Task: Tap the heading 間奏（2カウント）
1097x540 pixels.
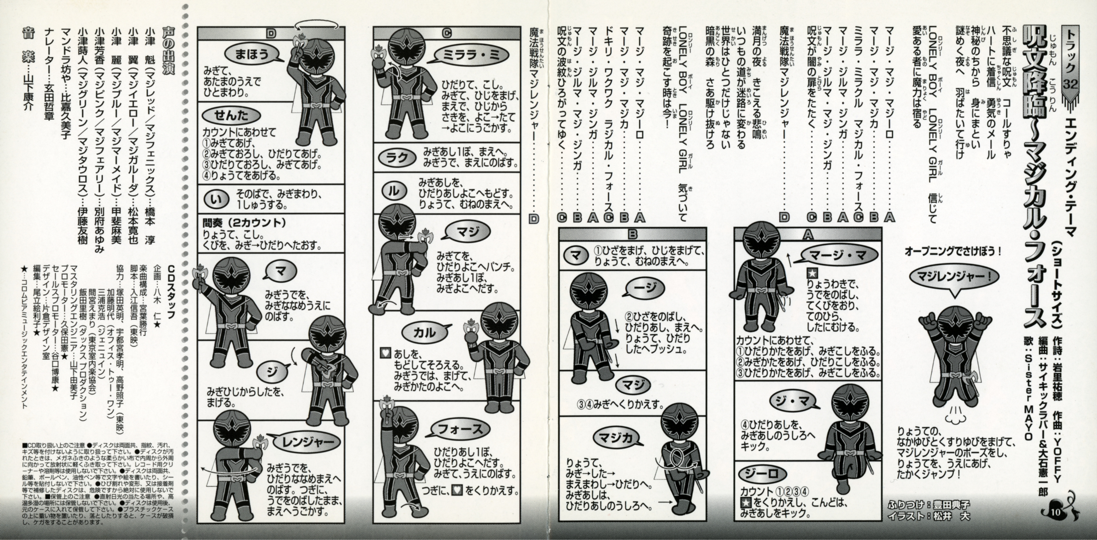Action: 243,223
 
